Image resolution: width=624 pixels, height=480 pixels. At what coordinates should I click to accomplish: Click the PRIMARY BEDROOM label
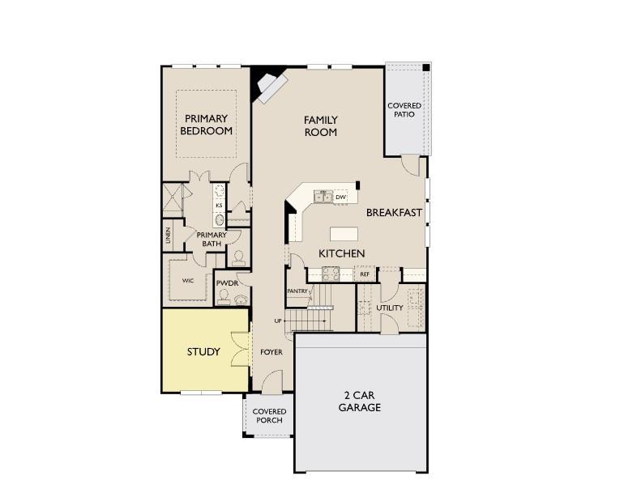tap(206, 125)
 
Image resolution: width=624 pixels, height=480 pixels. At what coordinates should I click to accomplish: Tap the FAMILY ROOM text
tap(320, 126)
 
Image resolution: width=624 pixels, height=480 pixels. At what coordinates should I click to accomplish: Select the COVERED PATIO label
tap(404, 110)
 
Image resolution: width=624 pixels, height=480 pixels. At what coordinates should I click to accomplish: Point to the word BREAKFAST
tap(394, 213)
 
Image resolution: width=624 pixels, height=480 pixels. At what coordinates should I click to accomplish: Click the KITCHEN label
tap(341, 253)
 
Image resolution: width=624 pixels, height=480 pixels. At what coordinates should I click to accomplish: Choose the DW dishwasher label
tap(341, 197)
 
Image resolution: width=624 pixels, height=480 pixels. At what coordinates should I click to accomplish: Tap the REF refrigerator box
tap(365, 274)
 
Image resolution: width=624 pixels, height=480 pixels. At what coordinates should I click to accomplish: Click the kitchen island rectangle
tap(344, 234)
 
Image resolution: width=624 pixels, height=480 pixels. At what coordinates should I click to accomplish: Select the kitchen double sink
tap(322, 197)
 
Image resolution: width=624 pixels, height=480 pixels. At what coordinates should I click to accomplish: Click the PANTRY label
tap(297, 291)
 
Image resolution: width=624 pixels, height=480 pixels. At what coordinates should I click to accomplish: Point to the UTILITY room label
tap(389, 308)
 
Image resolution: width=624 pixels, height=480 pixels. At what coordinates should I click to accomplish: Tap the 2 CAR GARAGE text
tap(359, 401)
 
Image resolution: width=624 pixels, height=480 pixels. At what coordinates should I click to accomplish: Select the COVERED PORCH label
tap(269, 416)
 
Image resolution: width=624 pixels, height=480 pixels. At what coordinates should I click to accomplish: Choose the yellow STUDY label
tap(203, 351)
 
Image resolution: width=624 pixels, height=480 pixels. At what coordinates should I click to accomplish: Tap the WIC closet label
tap(187, 281)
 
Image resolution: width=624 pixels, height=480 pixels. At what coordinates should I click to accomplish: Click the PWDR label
tap(226, 282)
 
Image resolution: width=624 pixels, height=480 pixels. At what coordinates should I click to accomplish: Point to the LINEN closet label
tap(169, 236)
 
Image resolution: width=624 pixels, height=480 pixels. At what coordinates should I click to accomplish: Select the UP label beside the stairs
tap(279, 321)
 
